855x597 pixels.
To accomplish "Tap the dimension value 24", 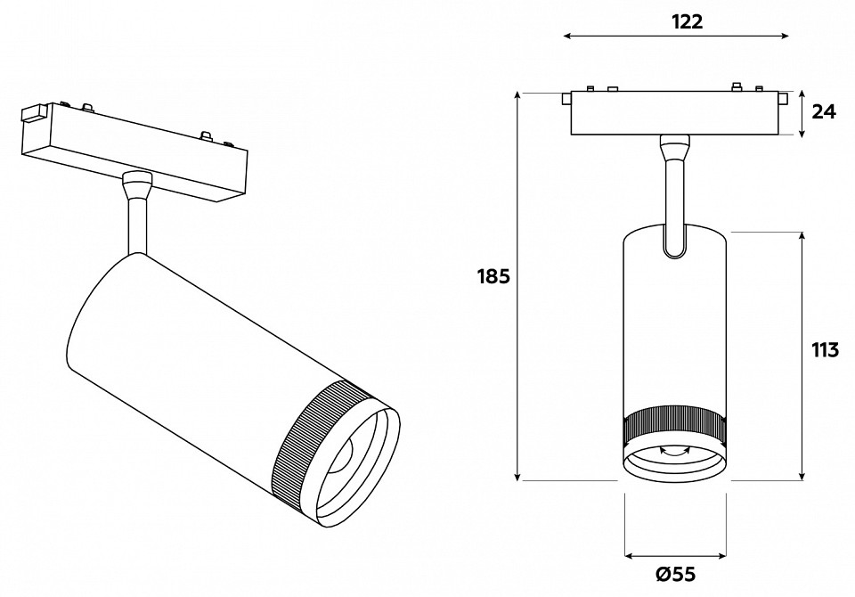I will tap(825, 112).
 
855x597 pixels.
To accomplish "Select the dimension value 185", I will tap(493, 276).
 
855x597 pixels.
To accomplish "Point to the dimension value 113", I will tap(825, 349).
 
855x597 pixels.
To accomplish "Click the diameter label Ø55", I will tap(675, 575).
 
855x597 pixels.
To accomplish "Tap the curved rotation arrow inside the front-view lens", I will tap(674, 452).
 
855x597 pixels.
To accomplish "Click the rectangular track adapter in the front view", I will tap(675, 113).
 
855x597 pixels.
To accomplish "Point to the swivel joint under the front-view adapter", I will tap(674, 145).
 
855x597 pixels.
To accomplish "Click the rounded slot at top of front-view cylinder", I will tap(674, 242).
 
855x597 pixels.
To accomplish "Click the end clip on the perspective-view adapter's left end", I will tap(33, 114).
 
